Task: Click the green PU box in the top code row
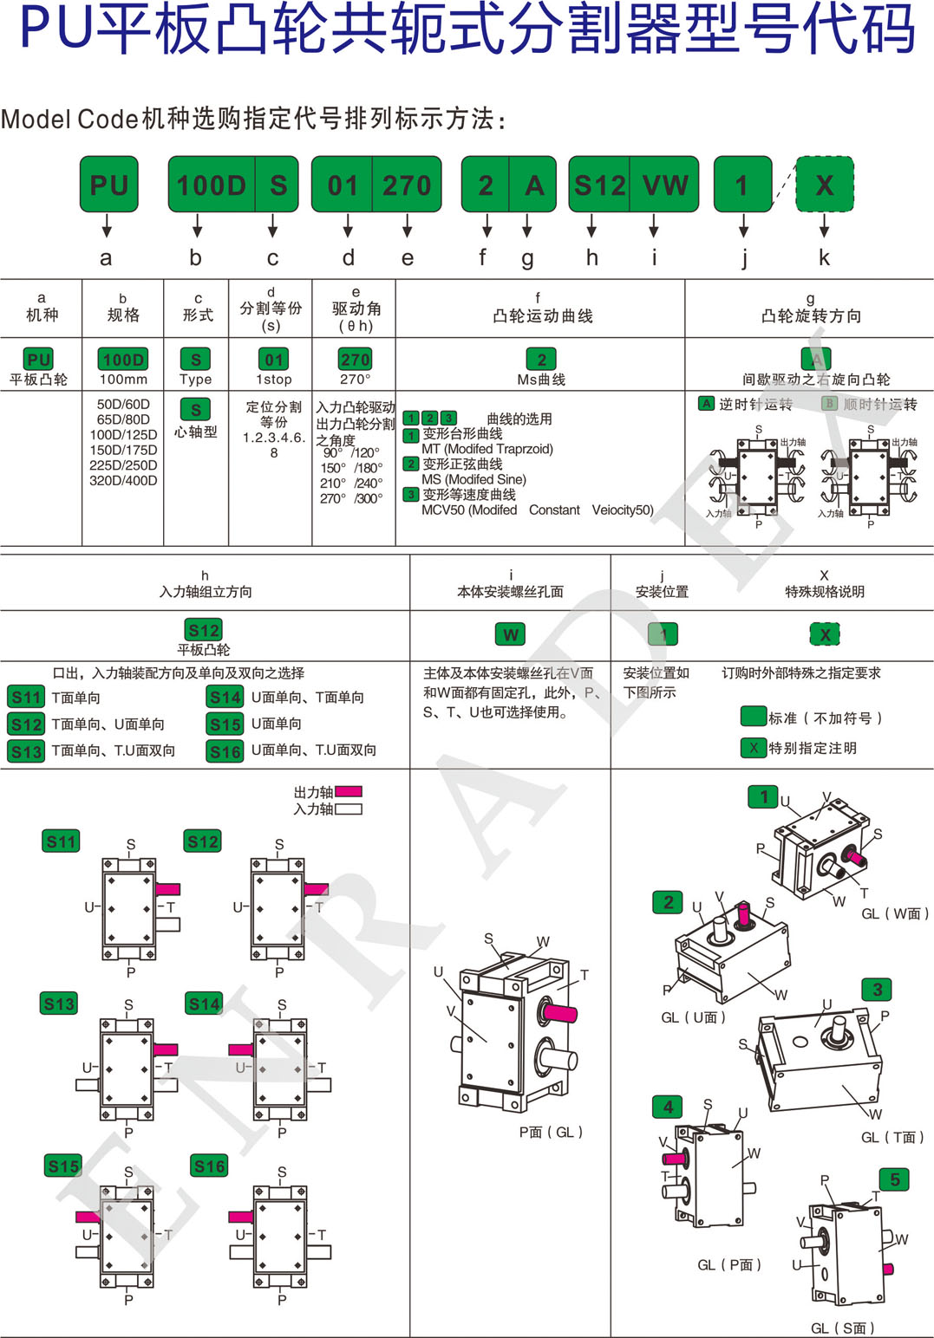(x=109, y=185)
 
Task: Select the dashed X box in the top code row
(x=824, y=185)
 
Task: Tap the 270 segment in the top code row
(x=407, y=185)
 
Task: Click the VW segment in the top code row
(x=665, y=185)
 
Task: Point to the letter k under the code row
(x=824, y=257)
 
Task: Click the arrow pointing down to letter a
(x=107, y=226)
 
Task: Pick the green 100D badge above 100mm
(x=123, y=360)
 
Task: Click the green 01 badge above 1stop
(x=273, y=360)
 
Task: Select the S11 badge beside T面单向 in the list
(x=26, y=697)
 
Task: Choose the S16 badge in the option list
(x=225, y=751)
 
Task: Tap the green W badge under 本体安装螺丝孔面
(x=511, y=634)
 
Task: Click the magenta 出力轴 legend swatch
(x=348, y=791)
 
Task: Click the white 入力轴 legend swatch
(x=348, y=809)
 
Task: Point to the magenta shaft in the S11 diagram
(x=167, y=889)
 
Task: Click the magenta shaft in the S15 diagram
(x=88, y=1217)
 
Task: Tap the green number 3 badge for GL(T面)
(x=877, y=990)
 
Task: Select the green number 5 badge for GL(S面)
(x=894, y=1179)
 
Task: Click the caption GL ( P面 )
(x=729, y=1265)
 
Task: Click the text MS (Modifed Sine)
(x=474, y=479)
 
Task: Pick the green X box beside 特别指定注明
(x=753, y=747)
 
